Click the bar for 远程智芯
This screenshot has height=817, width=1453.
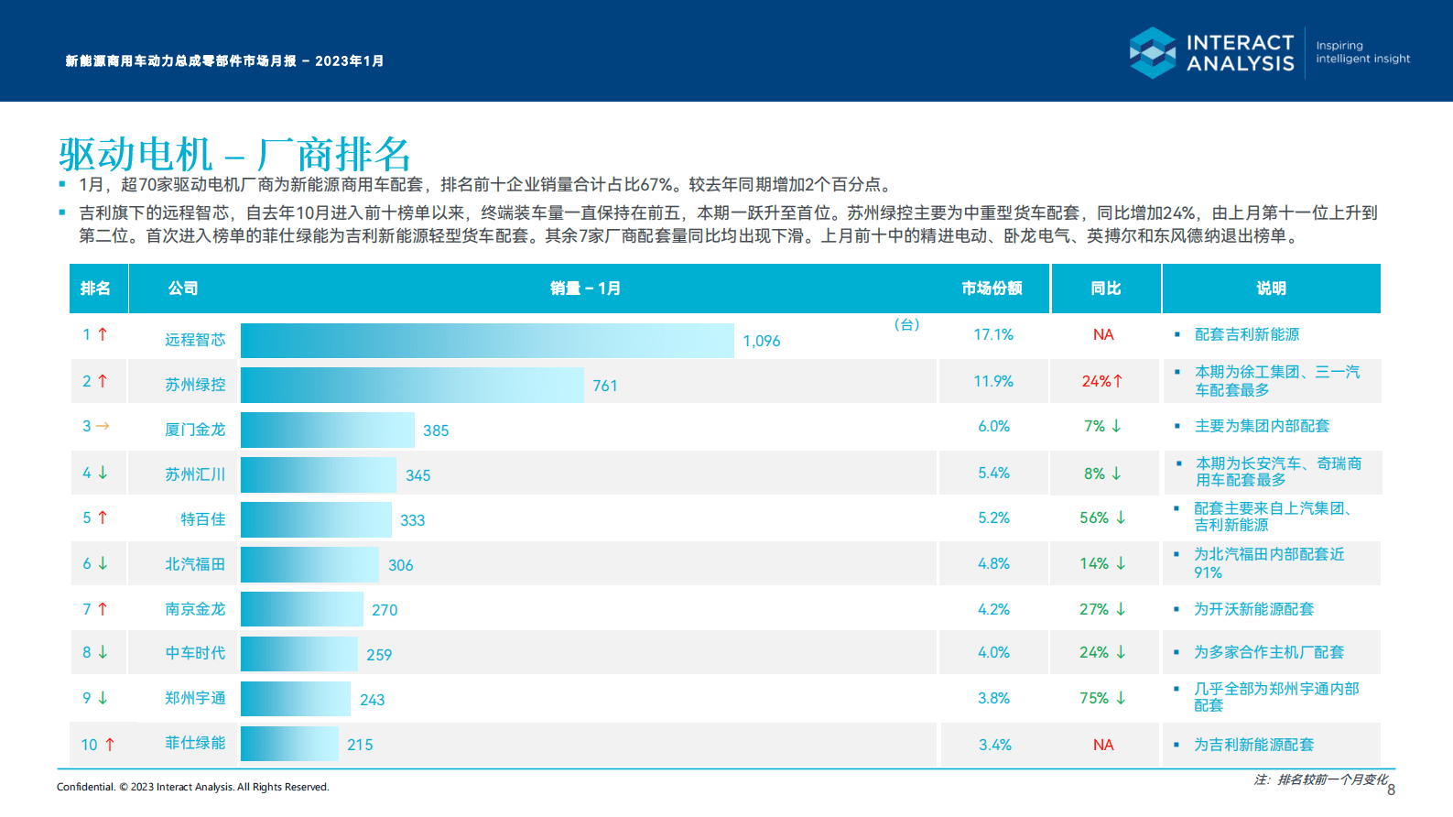[487, 341]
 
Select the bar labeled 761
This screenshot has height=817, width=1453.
[412, 386]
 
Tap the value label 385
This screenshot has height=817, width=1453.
[436, 430]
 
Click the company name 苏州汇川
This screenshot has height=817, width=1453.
[195, 474]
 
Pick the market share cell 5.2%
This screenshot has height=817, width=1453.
[993, 518]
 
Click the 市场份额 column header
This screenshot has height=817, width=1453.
[992, 289]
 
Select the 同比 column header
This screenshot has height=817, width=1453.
[1106, 289]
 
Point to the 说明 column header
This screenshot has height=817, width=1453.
[1271, 289]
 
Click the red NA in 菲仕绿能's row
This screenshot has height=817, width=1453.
[1103, 746]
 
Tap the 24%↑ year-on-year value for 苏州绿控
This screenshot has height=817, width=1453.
[1102, 381]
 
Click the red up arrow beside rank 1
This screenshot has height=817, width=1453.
[103, 334]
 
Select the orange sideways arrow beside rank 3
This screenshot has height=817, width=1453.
[103, 426]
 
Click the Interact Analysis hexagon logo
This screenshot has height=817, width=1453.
[1152, 52]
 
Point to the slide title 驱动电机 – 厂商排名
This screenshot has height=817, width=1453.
[234, 154]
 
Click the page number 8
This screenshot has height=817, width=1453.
[1391, 790]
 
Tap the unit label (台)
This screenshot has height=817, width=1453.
[906, 324]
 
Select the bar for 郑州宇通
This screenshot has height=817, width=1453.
[296, 699]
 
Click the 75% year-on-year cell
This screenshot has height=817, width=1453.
[1102, 699]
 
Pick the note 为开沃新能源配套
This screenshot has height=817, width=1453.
[1253, 609]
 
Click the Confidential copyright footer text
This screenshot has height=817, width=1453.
[192, 787]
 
